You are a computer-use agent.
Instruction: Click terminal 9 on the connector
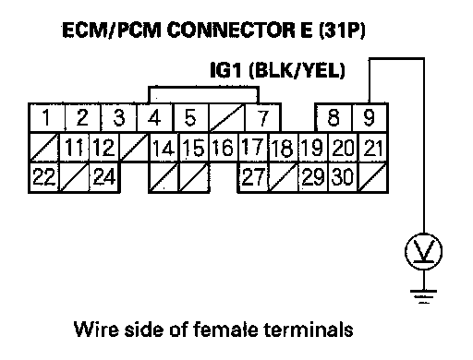(370, 117)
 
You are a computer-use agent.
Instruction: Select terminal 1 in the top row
(46, 117)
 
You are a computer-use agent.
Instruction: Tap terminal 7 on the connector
(262, 117)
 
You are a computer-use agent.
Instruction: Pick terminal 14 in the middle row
(164, 148)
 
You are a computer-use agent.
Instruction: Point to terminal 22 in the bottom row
(44, 177)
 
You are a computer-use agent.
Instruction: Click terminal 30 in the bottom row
(343, 177)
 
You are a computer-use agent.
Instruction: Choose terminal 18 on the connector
(283, 148)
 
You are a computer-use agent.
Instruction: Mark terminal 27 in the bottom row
(253, 177)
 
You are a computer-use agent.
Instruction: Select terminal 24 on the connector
(104, 177)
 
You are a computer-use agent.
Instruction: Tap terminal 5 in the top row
(191, 117)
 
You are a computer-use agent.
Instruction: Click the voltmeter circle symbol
(424, 252)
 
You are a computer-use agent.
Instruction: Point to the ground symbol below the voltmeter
(424, 296)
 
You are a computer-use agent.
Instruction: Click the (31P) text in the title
(342, 30)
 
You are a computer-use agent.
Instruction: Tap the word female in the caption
(225, 329)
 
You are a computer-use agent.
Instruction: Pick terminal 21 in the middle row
(372, 148)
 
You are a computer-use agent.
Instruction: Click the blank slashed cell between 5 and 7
(227, 117)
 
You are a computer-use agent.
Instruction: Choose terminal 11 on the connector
(74, 148)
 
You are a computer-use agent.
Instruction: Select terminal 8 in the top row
(334, 117)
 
